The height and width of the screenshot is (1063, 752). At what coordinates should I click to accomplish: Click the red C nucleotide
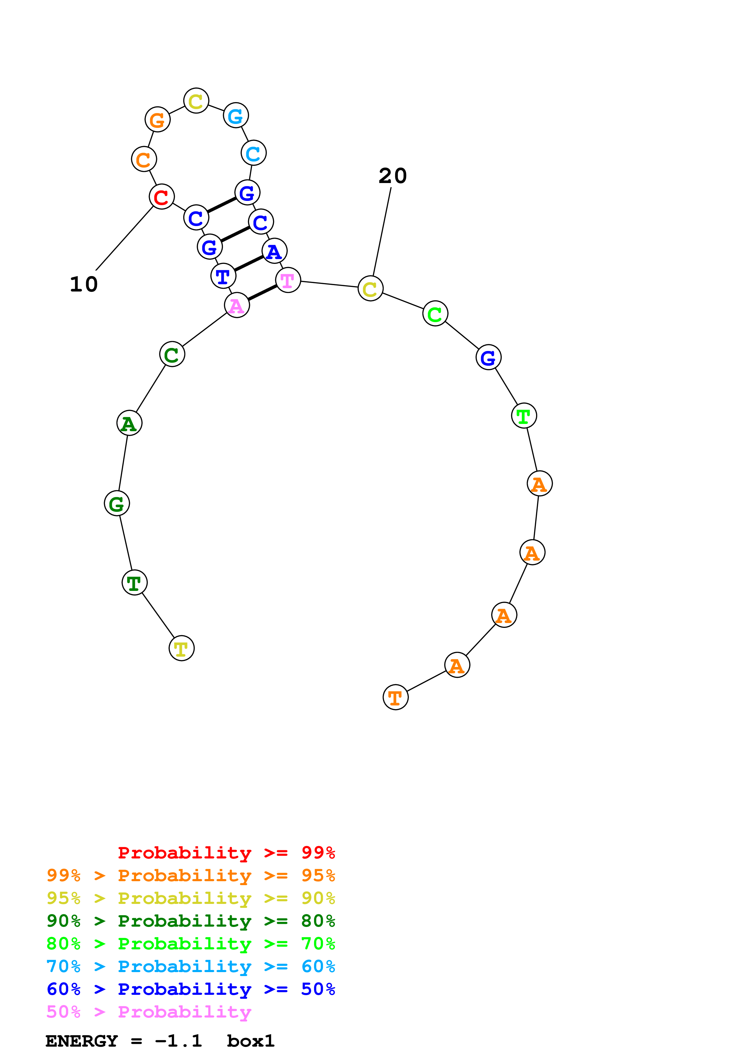161,197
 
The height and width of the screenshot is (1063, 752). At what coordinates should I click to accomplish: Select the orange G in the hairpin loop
157,119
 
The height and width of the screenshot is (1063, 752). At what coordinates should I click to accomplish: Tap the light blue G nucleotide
236,115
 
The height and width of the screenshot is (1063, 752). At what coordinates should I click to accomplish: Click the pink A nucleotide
237,305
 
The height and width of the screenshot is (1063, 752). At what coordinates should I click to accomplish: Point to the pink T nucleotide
288,280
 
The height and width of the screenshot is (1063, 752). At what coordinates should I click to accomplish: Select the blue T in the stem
223,276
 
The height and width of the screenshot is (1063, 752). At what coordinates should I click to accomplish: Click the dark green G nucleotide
117,503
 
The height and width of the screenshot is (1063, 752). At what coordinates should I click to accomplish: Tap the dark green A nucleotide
129,423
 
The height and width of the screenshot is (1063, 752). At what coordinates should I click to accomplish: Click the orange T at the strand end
395,697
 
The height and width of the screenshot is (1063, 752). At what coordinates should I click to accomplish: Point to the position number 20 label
393,176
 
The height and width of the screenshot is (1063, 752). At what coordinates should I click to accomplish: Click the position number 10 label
84,284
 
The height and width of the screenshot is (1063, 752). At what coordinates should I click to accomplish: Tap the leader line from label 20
382,232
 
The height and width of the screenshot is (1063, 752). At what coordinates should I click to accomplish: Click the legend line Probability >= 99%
226,852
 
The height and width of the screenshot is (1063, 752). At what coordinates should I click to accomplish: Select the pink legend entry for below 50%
149,1011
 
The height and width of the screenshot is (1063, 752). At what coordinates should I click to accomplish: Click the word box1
251,1041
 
